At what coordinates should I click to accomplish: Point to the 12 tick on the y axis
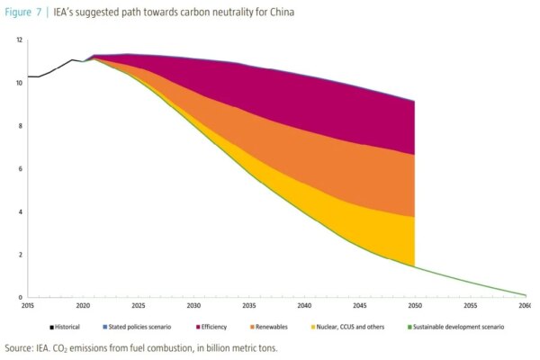tap(19, 40)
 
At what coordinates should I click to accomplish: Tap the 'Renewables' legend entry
tap(274, 326)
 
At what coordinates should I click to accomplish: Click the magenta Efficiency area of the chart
tap(342, 99)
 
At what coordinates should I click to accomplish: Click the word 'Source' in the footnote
tap(18, 347)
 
